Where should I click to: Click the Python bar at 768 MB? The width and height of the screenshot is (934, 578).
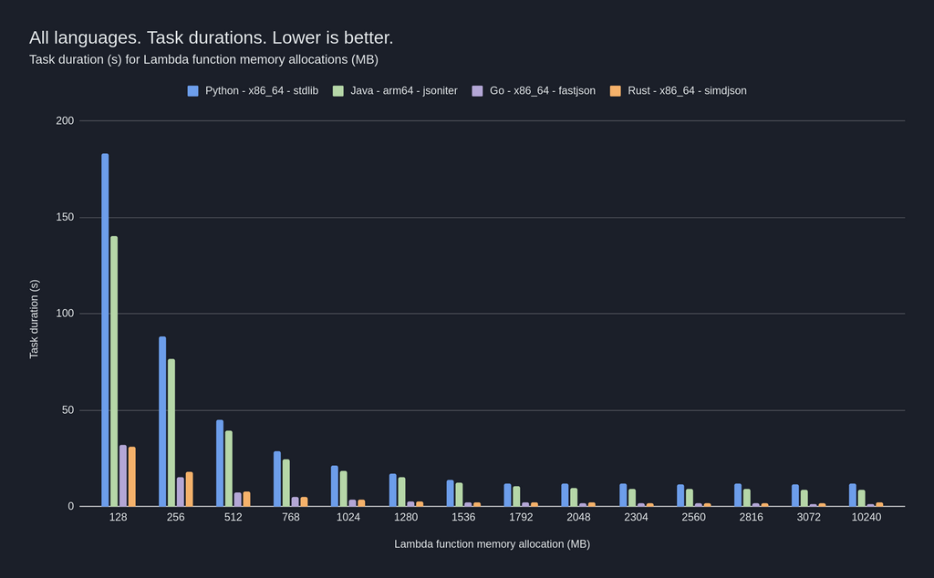coord(277,479)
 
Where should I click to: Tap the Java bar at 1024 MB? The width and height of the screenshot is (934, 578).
coord(344,489)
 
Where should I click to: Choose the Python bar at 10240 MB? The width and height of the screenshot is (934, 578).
coord(853,495)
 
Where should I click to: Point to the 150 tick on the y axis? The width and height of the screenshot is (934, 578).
coord(64,218)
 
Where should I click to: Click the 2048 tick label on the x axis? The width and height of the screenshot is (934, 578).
coord(578,517)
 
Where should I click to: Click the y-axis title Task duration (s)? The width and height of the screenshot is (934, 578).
coord(35,319)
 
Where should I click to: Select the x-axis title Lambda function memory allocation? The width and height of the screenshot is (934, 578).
coord(492,544)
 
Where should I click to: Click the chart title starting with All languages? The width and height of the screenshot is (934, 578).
coord(211,38)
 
